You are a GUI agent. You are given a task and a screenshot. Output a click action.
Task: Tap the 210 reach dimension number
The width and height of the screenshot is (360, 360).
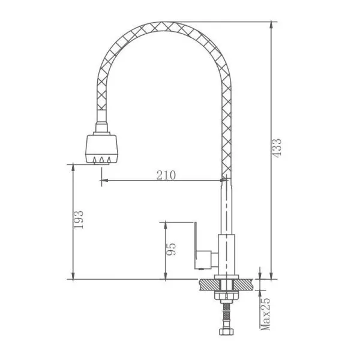point(166,175)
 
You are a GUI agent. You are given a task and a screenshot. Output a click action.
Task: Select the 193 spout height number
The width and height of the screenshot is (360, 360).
point(78,220)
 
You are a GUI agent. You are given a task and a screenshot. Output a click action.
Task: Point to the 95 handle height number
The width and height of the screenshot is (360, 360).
point(171,249)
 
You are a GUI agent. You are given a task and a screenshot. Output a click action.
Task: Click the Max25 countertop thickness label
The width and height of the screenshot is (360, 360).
point(265,314)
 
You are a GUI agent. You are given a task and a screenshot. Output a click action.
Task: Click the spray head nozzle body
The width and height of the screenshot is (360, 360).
point(102,149)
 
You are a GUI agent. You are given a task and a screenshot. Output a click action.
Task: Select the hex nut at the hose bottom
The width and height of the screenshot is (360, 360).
point(227,332)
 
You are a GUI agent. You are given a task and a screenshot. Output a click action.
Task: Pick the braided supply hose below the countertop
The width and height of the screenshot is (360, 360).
point(227,316)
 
